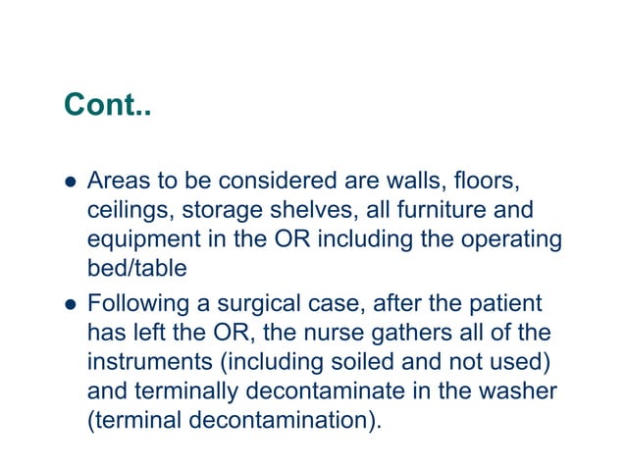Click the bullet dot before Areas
click(x=69, y=182)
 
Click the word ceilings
click(x=126, y=210)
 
